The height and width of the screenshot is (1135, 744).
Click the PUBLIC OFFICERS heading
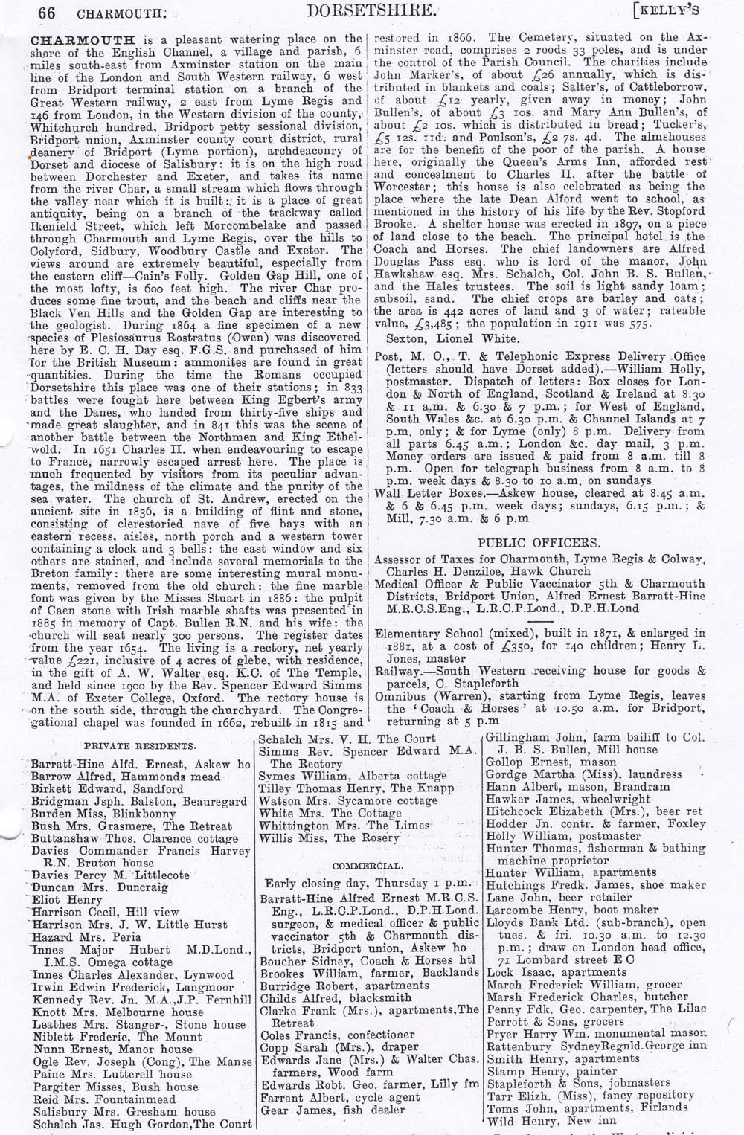click(539, 542)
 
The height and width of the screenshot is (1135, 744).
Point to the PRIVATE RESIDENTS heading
click(139, 745)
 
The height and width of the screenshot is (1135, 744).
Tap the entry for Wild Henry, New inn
click(551, 1120)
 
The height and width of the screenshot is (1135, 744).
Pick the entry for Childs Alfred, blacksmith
click(336, 997)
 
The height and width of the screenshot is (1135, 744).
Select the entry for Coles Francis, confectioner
click(337, 1035)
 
